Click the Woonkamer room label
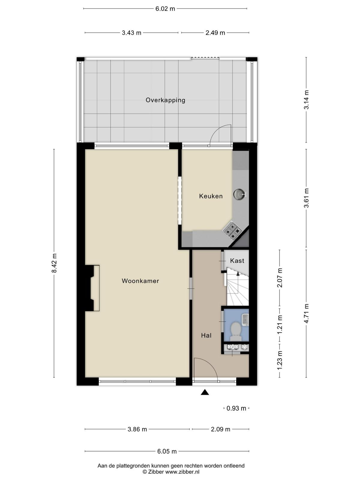pyautogui.click(x=140, y=281)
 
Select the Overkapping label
pyautogui.click(x=166, y=100)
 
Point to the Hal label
pyautogui.click(x=206, y=335)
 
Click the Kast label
pyautogui.click(x=237, y=261)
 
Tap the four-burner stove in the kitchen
pyautogui.click(x=232, y=229)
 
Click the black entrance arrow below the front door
pyautogui.click(x=205, y=392)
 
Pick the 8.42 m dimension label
pyautogui.click(x=54, y=263)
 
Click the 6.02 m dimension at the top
pyautogui.click(x=165, y=9)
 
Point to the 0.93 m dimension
pyautogui.click(x=236, y=408)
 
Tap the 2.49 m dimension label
pyautogui.click(x=215, y=33)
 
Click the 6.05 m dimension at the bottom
pyautogui.click(x=167, y=451)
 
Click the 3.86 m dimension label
pyautogui.click(x=137, y=429)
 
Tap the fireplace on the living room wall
pyautogui.click(x=92, y=288)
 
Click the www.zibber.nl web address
pyautogui.click(x=182, y=472)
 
